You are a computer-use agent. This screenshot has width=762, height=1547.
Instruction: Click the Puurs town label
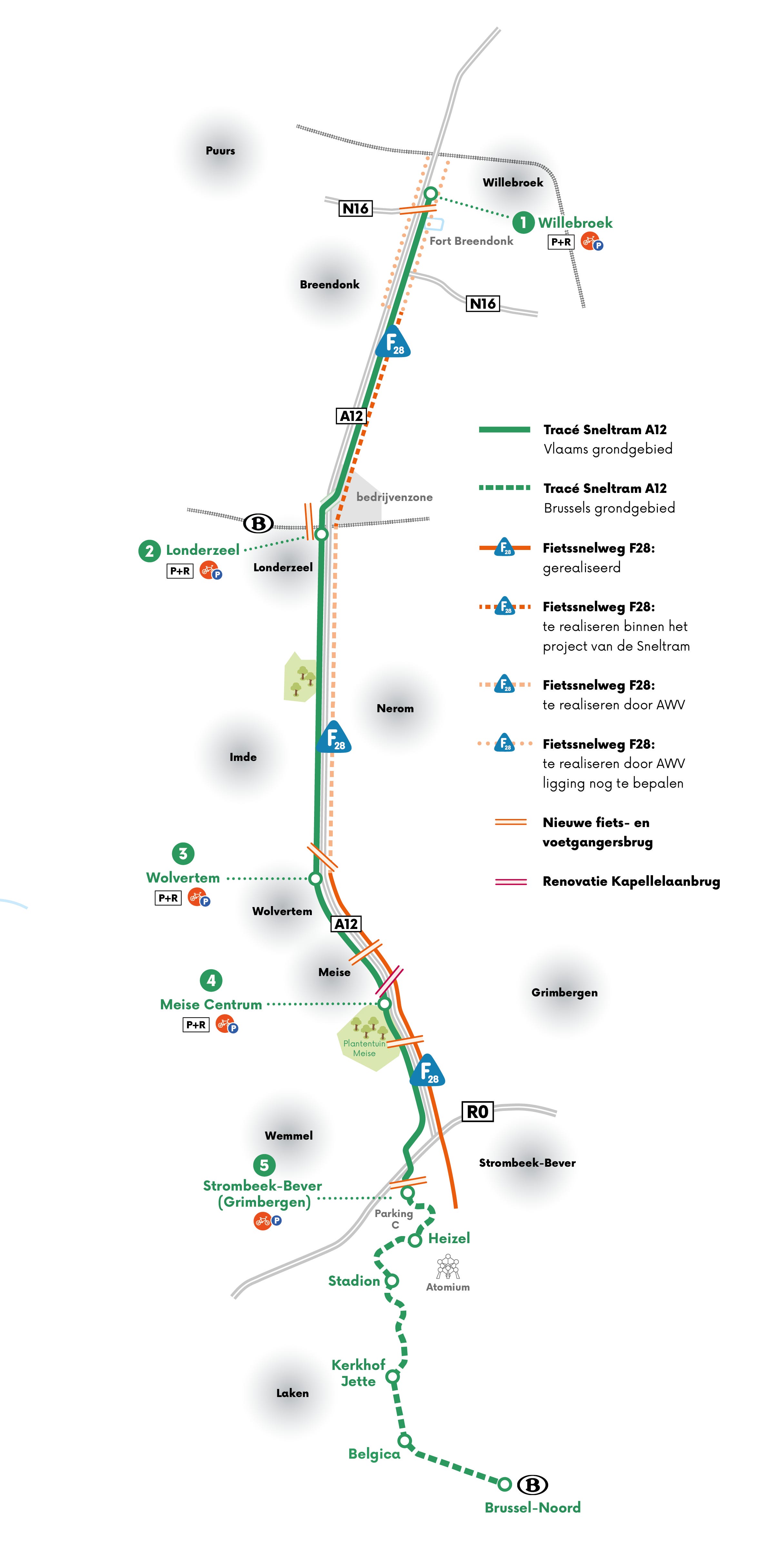[x=220, y=151]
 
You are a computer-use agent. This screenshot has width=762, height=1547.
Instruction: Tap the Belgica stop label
[x=374, y=1454]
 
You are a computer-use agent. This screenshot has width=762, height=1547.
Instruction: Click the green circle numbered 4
[x=211, y=981]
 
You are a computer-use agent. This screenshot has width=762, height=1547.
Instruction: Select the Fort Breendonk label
[x=471, y=241]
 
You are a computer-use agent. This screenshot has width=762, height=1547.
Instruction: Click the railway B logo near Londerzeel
[x=258, y=523]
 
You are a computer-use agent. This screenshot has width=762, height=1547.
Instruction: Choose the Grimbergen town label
[x=564, y=993]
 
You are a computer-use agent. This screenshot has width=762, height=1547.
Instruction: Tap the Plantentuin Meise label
[x=364, y=1048]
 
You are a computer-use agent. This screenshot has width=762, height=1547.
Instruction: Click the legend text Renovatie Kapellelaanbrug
[x=631, y=882]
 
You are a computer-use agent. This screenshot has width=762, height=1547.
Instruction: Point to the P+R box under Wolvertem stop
[x=168, y=898]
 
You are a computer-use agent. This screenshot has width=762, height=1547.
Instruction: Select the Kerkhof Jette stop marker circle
[x=392, y=1376]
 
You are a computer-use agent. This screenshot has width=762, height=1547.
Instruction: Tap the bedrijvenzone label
[x=394, y=497]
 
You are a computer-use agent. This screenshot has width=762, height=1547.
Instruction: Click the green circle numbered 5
[x=264, y=1165]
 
